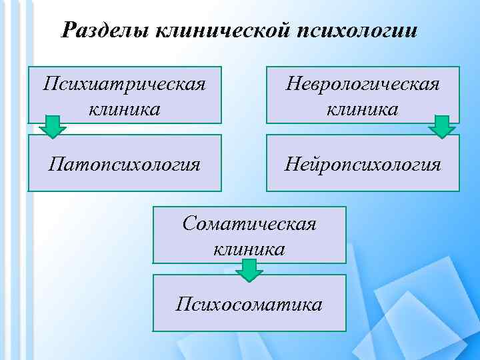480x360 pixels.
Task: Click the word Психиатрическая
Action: (123, 84)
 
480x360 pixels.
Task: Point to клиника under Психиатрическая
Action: (123, 108)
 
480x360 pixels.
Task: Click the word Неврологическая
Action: (363, 84)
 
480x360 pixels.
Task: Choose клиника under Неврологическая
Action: (363, 108)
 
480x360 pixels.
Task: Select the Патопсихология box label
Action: (124, 163)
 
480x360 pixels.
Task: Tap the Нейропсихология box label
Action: (363, 163)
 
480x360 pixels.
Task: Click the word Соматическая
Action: (249, 223)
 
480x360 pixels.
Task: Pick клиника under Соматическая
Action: (249, 248)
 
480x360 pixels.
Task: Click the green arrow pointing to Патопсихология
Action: (53, 127)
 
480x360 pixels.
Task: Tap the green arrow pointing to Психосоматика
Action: (249, 270)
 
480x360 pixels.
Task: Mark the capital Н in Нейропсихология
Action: (292, 163)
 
